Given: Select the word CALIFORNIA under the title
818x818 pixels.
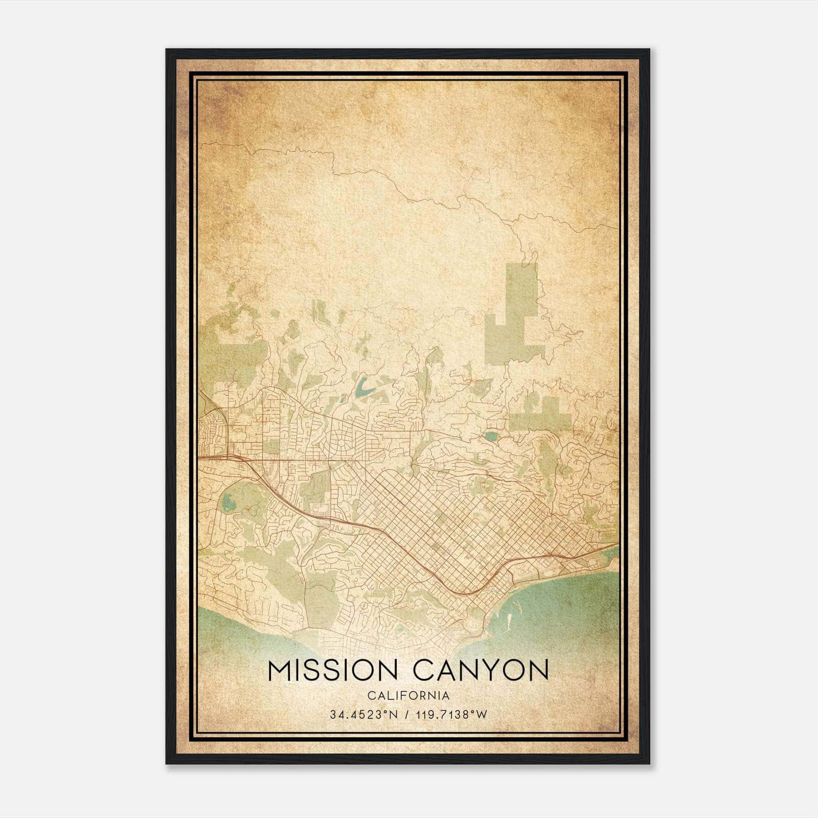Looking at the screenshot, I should coord(408,695).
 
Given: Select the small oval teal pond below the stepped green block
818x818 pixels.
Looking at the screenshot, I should coord(491,436).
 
